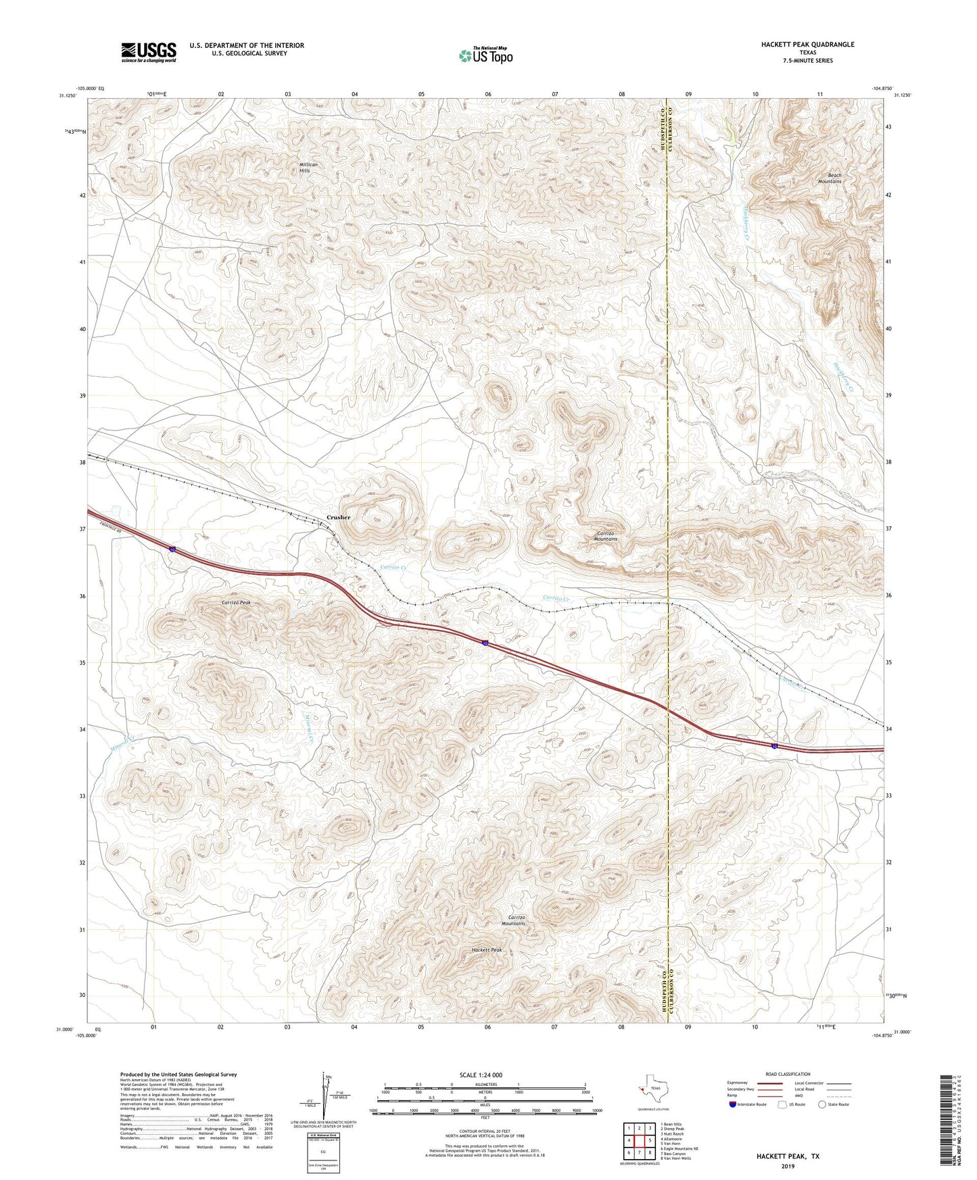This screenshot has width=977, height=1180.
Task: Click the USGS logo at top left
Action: tap(148, 52)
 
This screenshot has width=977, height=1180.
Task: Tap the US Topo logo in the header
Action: tap(485, 55)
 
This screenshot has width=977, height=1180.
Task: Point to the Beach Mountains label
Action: tap(830, 178)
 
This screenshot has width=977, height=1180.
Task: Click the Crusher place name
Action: tap(339, 517)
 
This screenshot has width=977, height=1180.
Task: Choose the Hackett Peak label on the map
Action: tap(487, 950)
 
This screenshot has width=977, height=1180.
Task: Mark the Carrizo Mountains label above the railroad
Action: tap(605, 535)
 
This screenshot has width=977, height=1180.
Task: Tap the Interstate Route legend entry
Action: tap(747, 1104)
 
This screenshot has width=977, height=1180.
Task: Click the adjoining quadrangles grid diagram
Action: tap(639, 1141)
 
